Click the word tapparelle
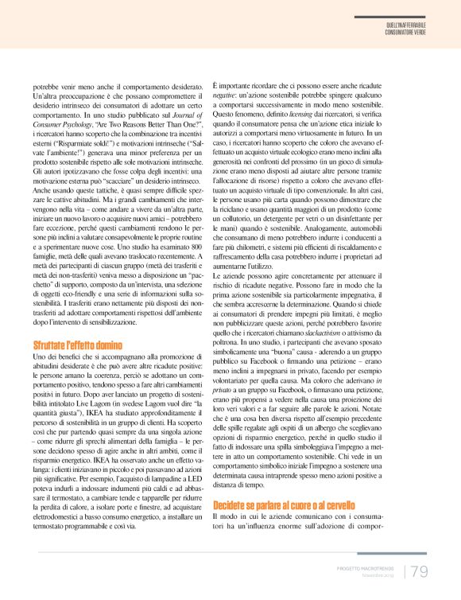[138, 476]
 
